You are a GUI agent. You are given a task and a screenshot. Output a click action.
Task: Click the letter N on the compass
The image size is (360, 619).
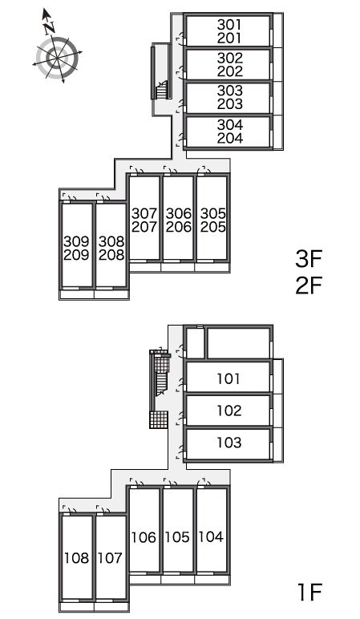coord(50,28)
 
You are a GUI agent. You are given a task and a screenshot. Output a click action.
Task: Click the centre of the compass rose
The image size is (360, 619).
coord(58,58)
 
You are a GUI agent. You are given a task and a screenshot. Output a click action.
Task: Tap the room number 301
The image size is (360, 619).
coord(229,25)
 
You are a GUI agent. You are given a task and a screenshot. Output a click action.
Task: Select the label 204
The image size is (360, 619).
coord(230,138)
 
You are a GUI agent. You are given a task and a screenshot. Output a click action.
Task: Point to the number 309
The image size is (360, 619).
coord(77,241)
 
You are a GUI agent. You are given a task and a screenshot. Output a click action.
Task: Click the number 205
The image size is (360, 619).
coord(212,227)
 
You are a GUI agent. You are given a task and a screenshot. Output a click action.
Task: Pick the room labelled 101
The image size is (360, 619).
coord(229,377)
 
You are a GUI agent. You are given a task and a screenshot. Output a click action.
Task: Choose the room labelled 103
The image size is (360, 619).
coord(229,443)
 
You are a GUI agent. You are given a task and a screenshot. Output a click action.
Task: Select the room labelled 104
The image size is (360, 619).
coord(212,530)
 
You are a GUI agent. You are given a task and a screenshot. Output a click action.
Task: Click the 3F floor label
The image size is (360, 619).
coord(309,259)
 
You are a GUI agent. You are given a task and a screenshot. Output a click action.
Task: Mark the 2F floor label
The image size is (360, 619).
coord(309,285)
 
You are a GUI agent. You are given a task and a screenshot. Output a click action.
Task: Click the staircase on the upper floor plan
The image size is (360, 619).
coord(162,91)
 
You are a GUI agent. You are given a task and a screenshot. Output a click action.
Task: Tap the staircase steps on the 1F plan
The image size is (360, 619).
coord(162,384)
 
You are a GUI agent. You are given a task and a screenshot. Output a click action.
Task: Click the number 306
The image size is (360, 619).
coord(179,213)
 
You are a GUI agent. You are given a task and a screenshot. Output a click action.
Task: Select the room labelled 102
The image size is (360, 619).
coord(229,411)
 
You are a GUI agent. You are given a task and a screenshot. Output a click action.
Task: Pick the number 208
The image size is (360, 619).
coord(111,255)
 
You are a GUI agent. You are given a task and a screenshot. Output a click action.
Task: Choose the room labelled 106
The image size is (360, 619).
coord(144,530)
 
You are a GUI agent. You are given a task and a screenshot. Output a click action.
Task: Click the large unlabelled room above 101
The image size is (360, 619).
coord(239,342)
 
